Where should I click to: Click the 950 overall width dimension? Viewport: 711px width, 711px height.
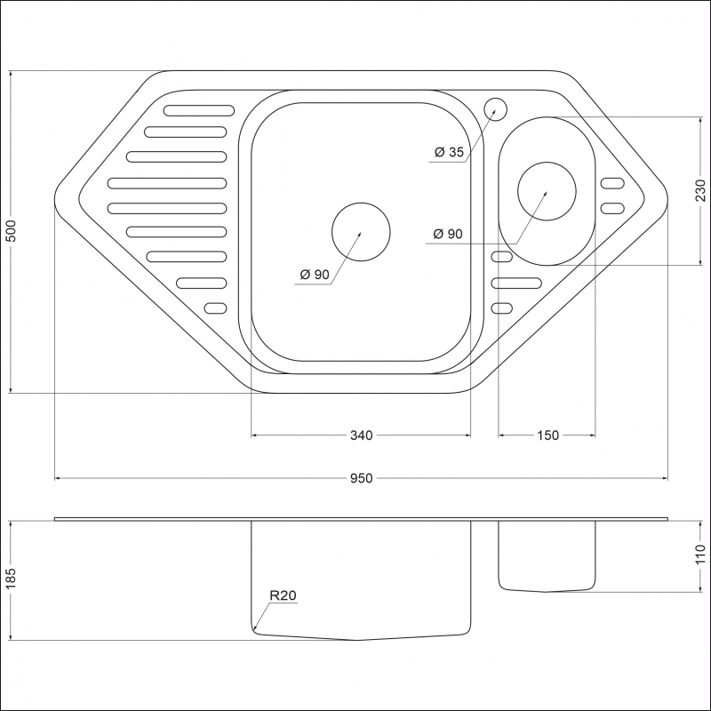point(360,478)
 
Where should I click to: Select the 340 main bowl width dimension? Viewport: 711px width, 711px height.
point(361,435)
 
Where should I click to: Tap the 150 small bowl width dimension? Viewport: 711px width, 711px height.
point(547,435)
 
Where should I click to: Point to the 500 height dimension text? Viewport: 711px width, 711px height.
point(10,232)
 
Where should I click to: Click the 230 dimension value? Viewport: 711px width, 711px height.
point(700,191)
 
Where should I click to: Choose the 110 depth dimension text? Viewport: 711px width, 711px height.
point(700,555)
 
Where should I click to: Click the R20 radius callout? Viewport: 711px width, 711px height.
point(283,596)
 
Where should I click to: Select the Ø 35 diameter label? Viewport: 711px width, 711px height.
point(449,152)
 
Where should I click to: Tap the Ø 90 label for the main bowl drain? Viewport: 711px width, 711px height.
point(315,275)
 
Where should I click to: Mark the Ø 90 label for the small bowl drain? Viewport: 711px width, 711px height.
point(447,235)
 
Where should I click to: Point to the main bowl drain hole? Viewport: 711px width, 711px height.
point(360,232)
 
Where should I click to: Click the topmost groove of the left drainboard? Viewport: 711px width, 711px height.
point(197,111)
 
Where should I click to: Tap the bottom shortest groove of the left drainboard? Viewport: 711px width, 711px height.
point(216,308)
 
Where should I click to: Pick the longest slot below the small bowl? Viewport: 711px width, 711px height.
point(515,283)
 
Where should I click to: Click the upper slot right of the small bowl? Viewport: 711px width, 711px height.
point(612,184)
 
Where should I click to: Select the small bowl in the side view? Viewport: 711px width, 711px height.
point(547,555)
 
